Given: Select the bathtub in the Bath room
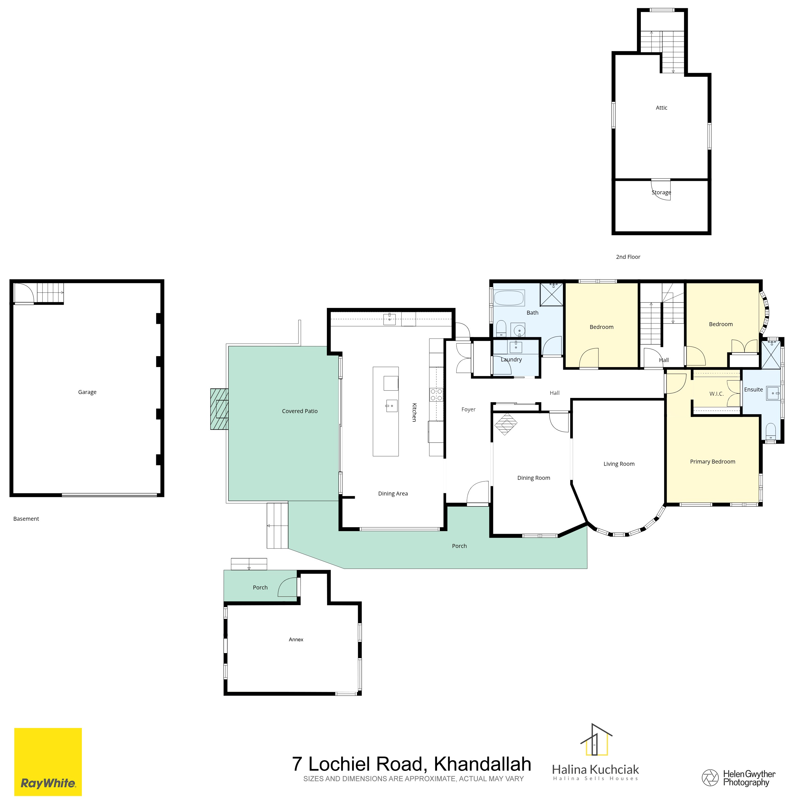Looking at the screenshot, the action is pyautogui.click(x=509, y=298).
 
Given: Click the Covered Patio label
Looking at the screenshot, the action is pyautogui.click(x=300, y=411).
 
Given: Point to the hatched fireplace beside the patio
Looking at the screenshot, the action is pyautogui.click(x=219, y=409).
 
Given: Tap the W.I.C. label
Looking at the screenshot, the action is pyautogui.click(x=717, y=393).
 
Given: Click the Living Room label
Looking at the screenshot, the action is pyautogui.click(x=619, y=464).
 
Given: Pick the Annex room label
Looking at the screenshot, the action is pyautogui.click(x=296, y=640).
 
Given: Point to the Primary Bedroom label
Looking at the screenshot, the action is pyautogui.click(x=712, y=462).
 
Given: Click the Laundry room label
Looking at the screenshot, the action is pyautogui.click(x=511, y=359).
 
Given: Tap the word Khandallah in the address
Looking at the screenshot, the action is pyautogui.click(x=482, y=764).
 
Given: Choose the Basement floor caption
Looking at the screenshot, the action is pyautogui.click(x=26, y=519).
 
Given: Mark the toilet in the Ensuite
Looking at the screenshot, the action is pyautogui.click(x=771, y=431).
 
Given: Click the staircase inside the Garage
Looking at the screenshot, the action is pyautogui.click(x=50, y=293).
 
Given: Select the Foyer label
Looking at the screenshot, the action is pyautogui.click(x=468, y=410).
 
